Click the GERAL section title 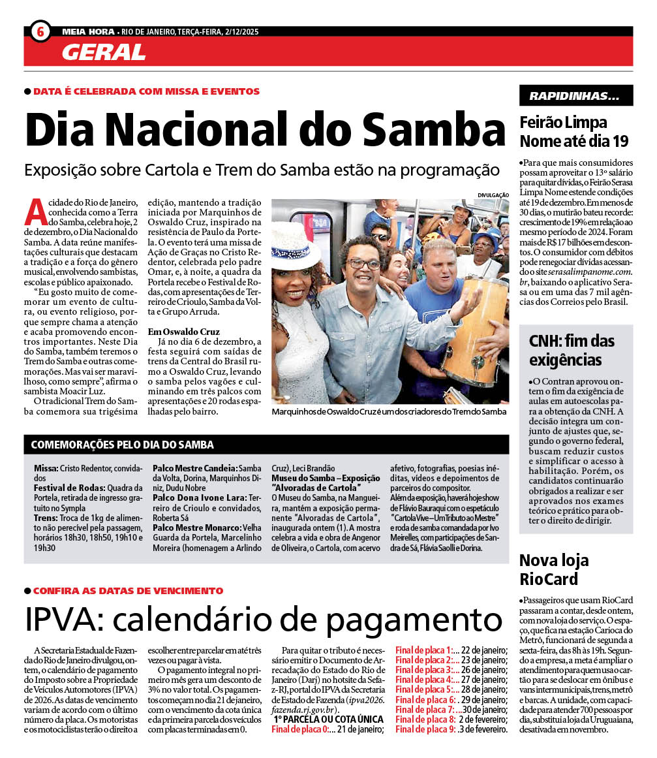tap(104, 52)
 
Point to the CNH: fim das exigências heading tap(572, 349)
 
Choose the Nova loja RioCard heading tap(554, 569)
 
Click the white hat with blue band tap(296, 245)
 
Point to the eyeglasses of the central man tap(363, 264)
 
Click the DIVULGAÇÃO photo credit tap(493, 195)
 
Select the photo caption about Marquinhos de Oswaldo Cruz tap(390, 412)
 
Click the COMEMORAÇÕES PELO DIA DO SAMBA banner tap(123, 445)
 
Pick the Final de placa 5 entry tap(424, 689)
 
